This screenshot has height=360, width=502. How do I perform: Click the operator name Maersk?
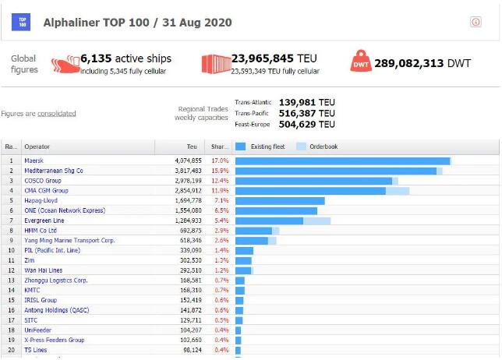coord(34,161)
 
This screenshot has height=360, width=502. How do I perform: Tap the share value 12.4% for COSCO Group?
coord(220,181)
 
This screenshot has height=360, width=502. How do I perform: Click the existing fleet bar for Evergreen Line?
coord(269,221)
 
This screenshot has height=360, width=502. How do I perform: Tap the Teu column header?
coord(192,146)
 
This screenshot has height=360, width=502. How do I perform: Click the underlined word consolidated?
coord(57,113)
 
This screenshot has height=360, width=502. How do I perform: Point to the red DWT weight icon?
coord(362,62)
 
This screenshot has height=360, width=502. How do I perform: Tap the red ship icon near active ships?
coord(65,64)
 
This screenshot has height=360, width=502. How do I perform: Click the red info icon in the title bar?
coord(475,23)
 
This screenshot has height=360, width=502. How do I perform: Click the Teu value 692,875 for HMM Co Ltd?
coord(189,231)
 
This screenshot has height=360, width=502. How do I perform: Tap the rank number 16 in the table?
coord(12,310)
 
